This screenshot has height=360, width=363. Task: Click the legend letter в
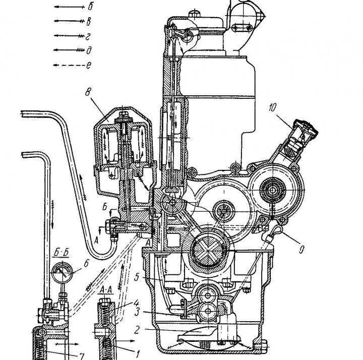[x=90, y=21]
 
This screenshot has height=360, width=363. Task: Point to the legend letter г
[x=90, y=35]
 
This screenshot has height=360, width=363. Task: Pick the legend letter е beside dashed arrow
[x=90, y=65]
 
